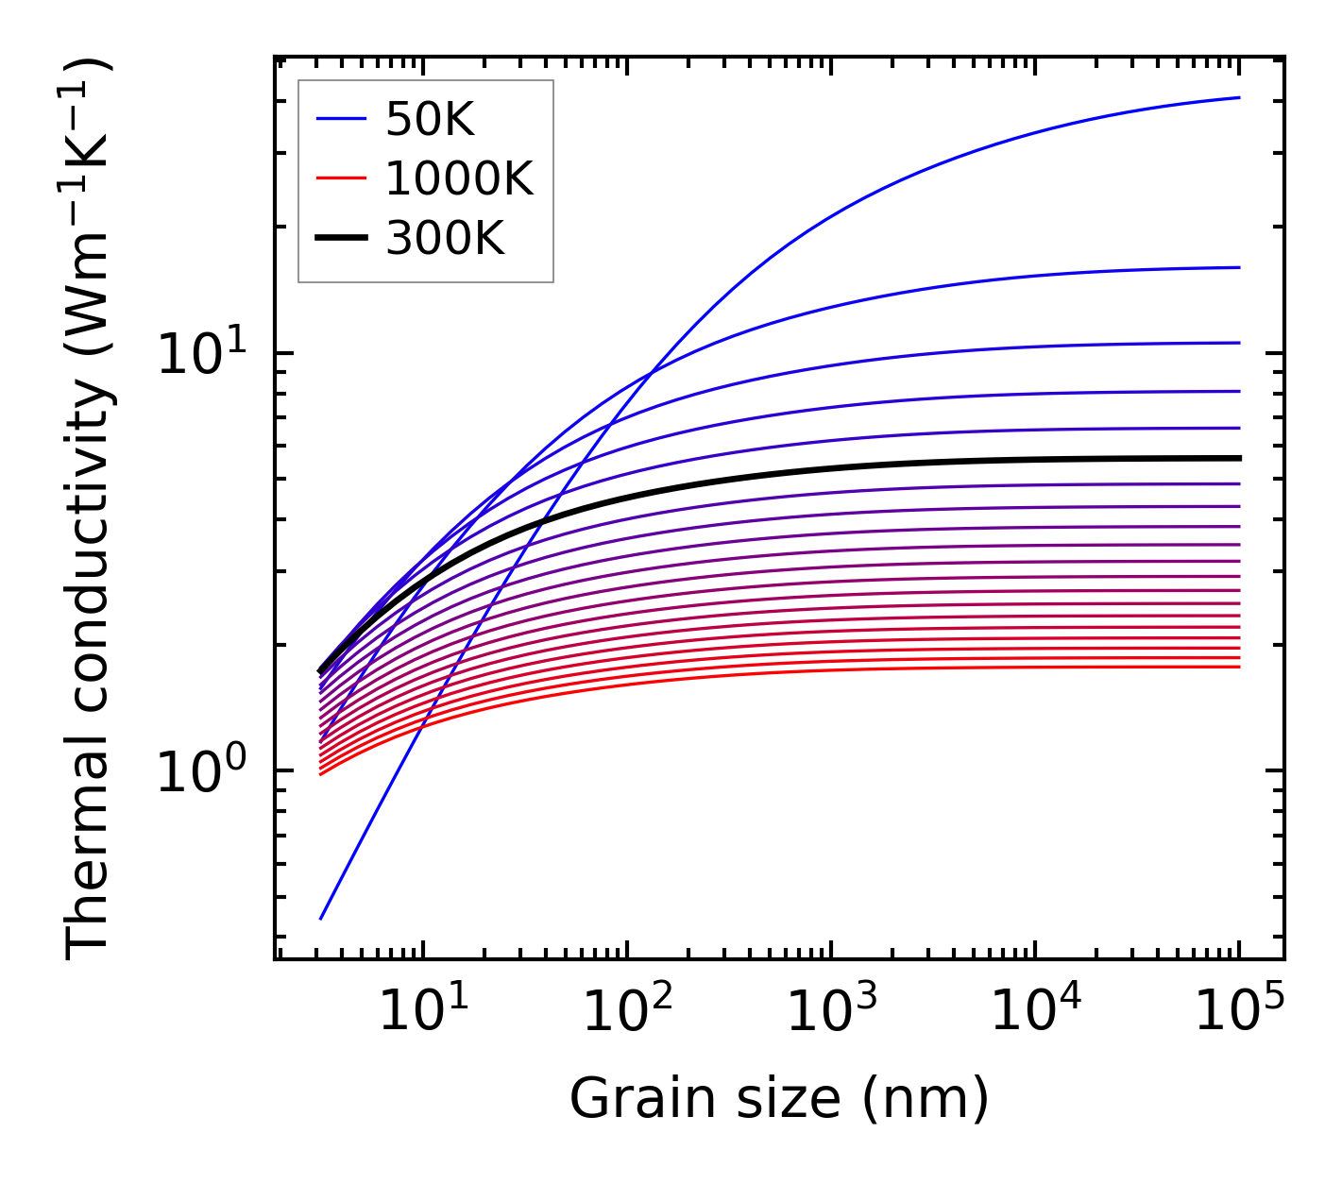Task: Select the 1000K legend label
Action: pyautogui.click(x=459, y=178)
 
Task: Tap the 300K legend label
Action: pyautogui.click(x=445, y=239)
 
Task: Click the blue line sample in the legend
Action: pyautogui.click(x=340, y=119)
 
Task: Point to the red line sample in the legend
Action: pyautogui.click(x=340, y=178)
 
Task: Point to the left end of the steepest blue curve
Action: pyautogui.click(x=321, y=918)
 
